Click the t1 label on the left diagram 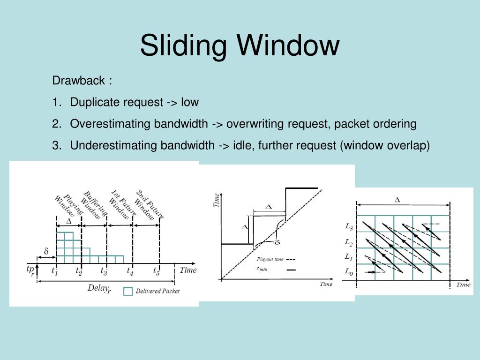(54, 270)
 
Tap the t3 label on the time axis (104, 270)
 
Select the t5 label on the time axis (156, 270)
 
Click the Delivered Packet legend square (127, 291)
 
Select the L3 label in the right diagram (349, 227)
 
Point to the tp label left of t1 (30, 270)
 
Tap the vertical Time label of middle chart (217, 200)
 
